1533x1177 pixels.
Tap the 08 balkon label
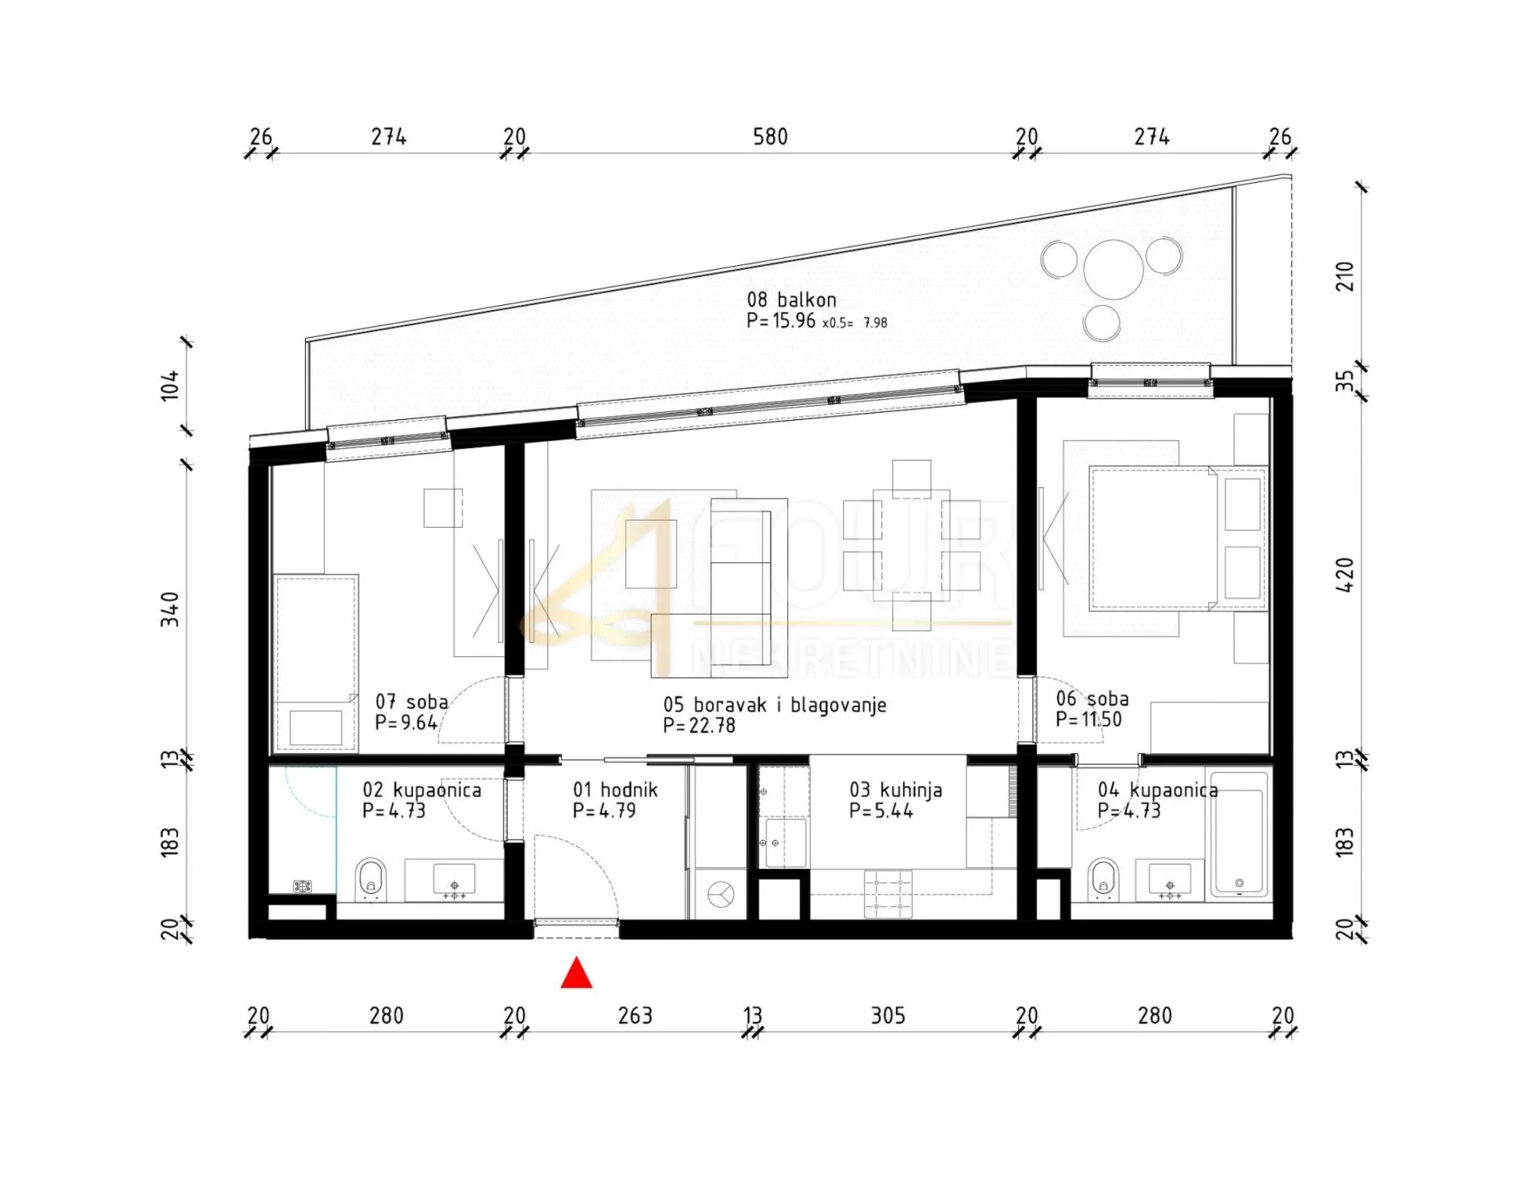coord(791,300)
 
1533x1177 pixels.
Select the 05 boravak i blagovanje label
coord(774,705)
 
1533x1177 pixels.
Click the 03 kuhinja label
coord(895,791)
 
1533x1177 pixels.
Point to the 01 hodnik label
coord(615,791)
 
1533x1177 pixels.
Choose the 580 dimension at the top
coord(770,137)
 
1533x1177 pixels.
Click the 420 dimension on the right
coord(1345,575)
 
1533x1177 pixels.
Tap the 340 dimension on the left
coord(170,609)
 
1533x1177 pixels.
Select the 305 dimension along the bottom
coord(888,1016)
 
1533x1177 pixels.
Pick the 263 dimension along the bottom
coord(636,1016)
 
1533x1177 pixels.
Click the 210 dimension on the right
coord(1345,277)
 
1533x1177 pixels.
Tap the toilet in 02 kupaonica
coord(370,879)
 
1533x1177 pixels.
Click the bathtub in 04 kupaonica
coord(1238,833)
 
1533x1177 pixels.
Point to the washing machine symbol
coord(720,894)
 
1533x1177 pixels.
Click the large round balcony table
coord(1114,269)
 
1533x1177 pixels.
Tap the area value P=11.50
coord(1088,719)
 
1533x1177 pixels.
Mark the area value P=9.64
coord(406,723)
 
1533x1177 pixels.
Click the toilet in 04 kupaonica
coord(1104,879)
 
